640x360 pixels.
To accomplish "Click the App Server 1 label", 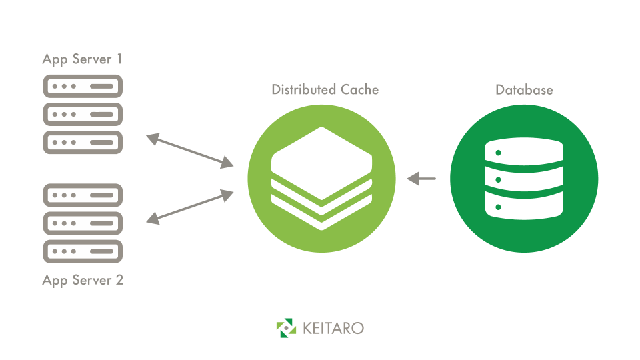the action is click(83, 59).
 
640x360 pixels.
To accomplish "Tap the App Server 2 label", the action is click(83, 280).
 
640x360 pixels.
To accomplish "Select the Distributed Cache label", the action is click(325, 89).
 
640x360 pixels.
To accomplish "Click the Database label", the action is click(524, 89).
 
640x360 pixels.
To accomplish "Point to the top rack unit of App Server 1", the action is click(83, 87).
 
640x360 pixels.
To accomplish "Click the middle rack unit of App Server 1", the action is click(83, 114).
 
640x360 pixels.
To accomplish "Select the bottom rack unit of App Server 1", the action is click(83, 142).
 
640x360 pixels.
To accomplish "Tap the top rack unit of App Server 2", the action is click(83, 195).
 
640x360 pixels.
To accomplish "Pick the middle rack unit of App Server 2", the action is click(83, 223).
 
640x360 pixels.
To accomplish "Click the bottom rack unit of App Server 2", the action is click(83, 251).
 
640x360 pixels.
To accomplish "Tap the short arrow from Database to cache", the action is click(421, 179).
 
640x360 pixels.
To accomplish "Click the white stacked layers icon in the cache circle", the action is click(321, 177).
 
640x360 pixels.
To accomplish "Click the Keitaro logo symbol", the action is click(286, 328).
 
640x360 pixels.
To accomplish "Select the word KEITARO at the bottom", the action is click(333, 329).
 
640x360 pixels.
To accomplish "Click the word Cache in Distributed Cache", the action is click(360, 89).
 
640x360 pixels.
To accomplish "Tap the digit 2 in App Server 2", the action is click(119, 280).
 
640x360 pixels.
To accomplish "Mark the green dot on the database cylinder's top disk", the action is click(497, 153).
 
